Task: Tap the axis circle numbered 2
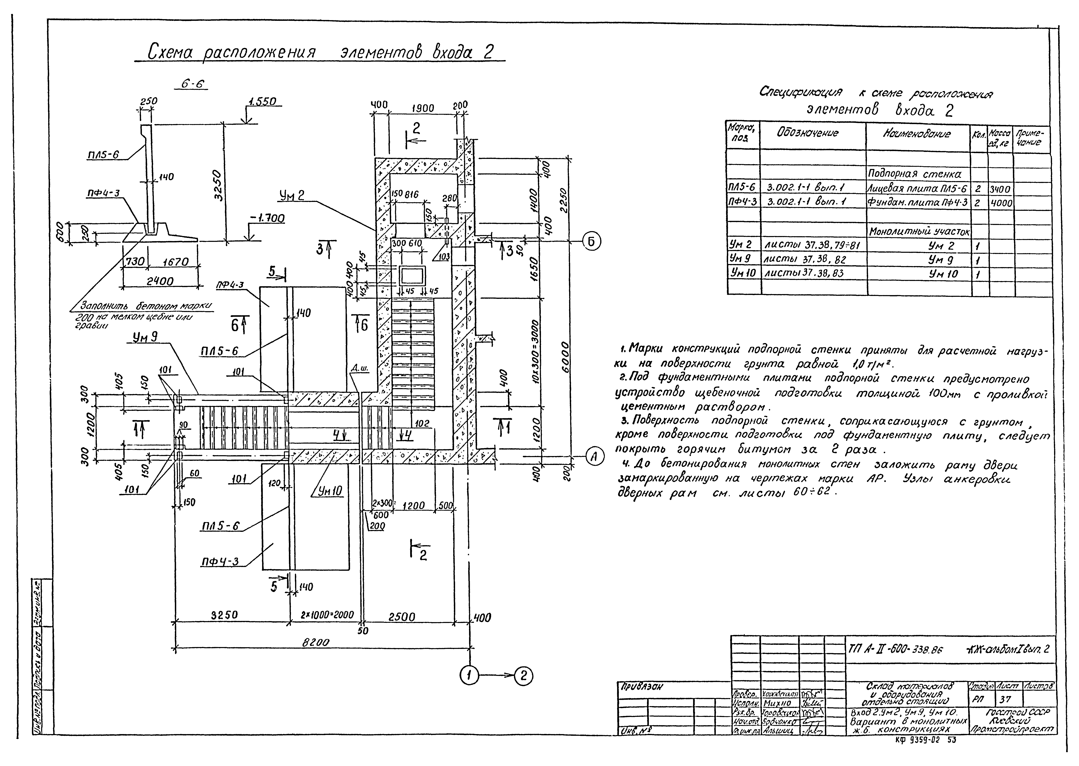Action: pos(523,676)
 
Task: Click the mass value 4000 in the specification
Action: pos(1000,203)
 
